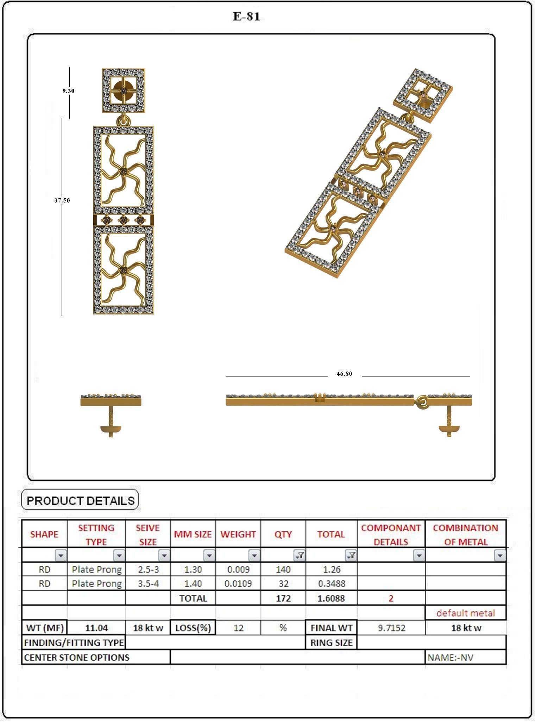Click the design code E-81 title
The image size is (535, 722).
tap(246, 17)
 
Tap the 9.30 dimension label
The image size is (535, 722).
tap(68, 91)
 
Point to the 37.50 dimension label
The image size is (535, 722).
tap(62, 200)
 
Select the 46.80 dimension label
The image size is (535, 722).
tap(344, 374)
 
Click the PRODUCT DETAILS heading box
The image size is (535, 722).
tap(80, 500)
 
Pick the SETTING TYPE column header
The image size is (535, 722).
tap(96, 534)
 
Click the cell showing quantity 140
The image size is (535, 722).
tap(283, 569)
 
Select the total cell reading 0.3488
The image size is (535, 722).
tap(331, 583)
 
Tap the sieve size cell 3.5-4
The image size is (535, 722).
tap(148, 583)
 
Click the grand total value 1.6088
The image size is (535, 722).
tap(331, 598)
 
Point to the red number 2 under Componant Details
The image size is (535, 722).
tap(391, 598)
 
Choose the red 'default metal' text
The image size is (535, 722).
tap(465, 613)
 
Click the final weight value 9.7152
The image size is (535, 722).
tap(391, 628)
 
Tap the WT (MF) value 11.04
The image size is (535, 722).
tap(96, 628)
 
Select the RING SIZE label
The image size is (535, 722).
tap(331, 642)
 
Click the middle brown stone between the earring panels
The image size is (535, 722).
tap(123, 220)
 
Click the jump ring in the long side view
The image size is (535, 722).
tap(421, 402)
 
